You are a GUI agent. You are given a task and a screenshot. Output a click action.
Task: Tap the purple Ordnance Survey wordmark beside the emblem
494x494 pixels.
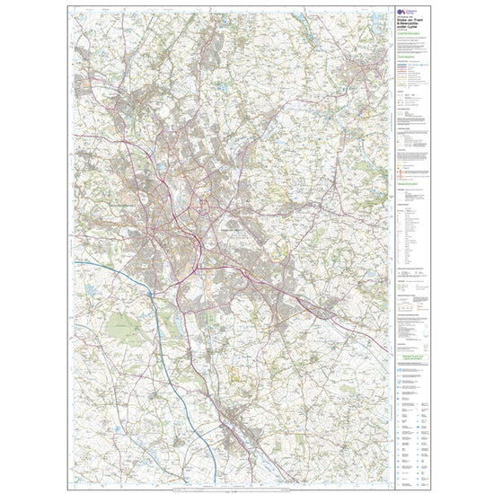tap(410, 11)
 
